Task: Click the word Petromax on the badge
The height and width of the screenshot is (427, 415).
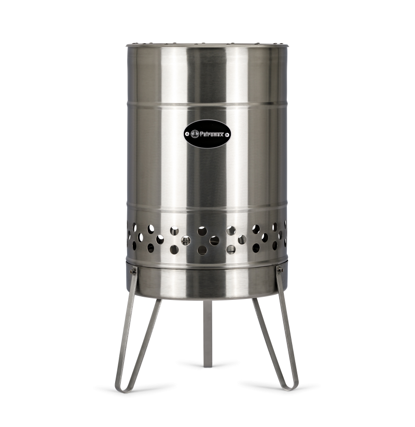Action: point(212,134)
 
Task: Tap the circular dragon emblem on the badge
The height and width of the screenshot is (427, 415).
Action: point(195,134)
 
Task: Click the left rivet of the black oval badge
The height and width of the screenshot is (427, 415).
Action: point(187,134)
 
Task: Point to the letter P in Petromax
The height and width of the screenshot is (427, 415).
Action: point(201,134)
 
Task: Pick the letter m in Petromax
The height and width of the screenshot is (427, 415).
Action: point(214,134)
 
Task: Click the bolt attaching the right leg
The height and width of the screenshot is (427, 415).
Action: point(280,270)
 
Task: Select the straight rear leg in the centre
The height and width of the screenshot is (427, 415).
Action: point(208,332)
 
